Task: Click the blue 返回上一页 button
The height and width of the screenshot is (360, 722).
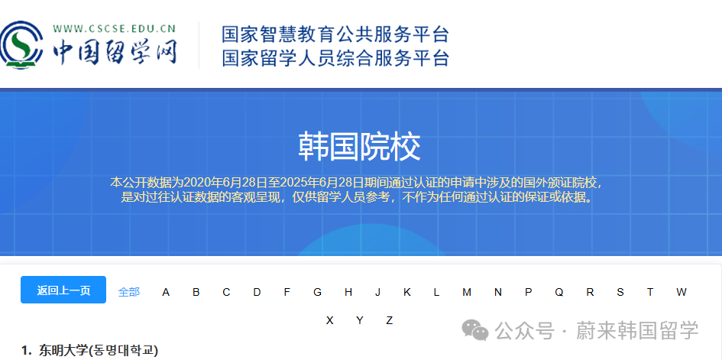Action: (x=63, y=290)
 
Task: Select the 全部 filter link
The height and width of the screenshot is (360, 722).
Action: (x=129, y=292)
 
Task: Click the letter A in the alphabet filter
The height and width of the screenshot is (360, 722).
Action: (x=166, y=292)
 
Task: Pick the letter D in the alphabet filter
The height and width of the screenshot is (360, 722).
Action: (x=257, y=292)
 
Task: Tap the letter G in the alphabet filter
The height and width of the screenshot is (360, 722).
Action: (x=317, y=292)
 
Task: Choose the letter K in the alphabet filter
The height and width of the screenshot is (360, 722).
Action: (x=407, y=292)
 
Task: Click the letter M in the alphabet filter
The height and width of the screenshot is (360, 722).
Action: (x=467, y=292)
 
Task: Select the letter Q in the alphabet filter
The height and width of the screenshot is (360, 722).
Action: (x=558, y=292)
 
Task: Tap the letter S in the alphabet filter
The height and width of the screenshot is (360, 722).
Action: (x=620, y=292)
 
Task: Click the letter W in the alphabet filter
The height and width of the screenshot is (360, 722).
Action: (x=681, y=292)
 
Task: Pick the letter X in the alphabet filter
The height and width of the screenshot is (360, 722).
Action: (x=329, y=320)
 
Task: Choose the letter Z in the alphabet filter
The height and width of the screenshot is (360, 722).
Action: (x=389, y=320)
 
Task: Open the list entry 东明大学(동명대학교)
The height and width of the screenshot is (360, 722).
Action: (x=99, y=351)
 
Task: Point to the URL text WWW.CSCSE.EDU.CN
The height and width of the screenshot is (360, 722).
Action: (x=115, y=30)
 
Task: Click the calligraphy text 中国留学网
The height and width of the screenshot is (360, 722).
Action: (x=115, y=52)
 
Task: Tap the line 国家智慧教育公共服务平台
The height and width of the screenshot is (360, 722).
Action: (x=335, y=34)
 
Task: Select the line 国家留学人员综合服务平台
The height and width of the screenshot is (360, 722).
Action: (x=335, y=58)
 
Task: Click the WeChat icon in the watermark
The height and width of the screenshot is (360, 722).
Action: (x=478, y=330)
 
